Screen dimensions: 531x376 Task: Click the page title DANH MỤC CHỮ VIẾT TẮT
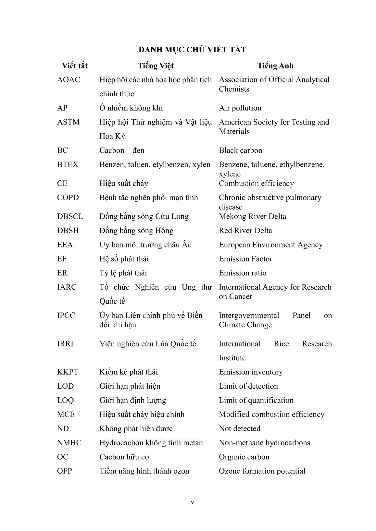(192, 50)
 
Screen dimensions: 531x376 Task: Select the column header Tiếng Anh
(275, 66)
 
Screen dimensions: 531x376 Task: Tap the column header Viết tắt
(75, 66)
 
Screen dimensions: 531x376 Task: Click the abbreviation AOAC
(69, 80)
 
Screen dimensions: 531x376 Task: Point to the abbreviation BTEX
(68, 165)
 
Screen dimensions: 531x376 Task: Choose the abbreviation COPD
(68, 198)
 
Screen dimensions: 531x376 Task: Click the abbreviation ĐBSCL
(70, 217)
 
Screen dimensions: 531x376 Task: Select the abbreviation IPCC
(66, 316)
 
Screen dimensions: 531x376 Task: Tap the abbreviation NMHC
(69, 443)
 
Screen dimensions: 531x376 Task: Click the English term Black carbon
(240, 151)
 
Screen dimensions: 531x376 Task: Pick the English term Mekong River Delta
(252, 217)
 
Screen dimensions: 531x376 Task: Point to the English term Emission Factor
(245, 259)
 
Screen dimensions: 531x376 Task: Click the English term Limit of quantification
(256, 401)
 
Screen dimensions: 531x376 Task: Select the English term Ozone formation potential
(262, 471)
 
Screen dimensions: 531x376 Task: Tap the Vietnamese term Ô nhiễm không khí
(131, 108)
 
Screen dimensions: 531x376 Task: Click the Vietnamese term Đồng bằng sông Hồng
(136, 231)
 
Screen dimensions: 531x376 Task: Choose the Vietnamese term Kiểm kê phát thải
(129, 372)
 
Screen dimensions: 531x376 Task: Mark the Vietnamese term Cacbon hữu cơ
(124, 457)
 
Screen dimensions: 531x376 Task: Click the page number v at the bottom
(193, 502)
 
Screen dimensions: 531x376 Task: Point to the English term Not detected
(240, 429)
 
